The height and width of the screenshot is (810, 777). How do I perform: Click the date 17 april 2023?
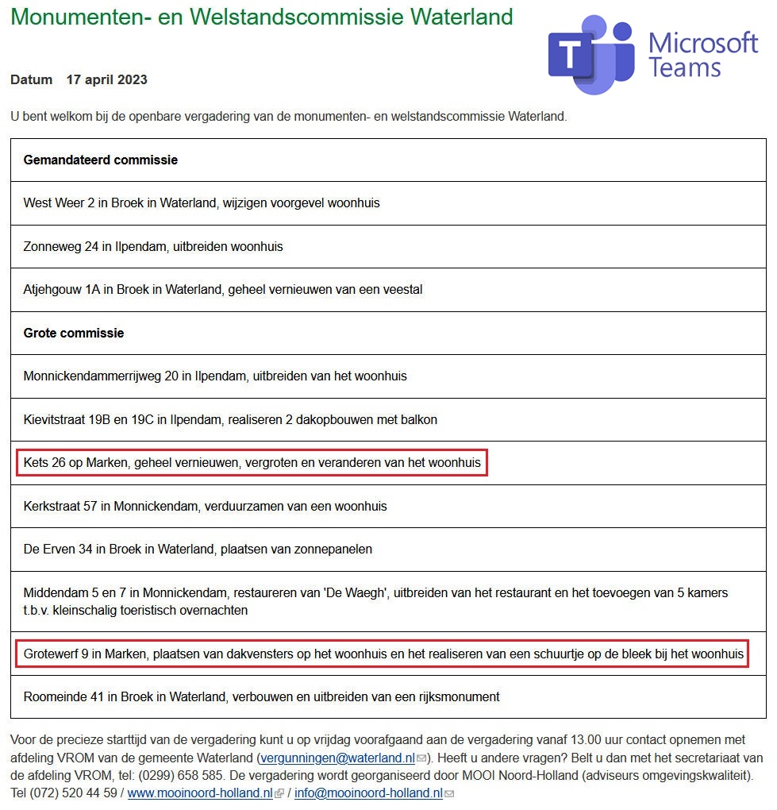[107, 79]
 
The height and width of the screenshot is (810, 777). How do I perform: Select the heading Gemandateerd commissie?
[101, 160]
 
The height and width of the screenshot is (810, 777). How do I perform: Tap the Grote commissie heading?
[74, 333]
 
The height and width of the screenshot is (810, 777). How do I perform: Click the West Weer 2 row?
[202, 202]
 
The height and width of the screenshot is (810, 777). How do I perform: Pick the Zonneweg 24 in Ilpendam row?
[153, 246]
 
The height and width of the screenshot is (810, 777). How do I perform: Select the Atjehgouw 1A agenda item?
[223, 289]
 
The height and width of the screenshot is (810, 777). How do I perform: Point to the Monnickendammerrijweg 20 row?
[215, 376]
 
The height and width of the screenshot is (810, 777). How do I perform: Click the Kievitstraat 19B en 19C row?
[230, 419]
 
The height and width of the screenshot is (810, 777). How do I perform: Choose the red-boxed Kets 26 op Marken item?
[252, 463]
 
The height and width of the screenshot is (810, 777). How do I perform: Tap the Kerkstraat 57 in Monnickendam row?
[206, 506]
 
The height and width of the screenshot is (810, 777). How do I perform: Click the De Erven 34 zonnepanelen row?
[198, 549]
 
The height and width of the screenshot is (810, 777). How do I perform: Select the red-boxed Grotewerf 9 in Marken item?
[383, 654]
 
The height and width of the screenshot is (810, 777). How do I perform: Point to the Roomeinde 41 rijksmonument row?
[262, 696]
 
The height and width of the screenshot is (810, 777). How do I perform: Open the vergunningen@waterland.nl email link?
[337, 758]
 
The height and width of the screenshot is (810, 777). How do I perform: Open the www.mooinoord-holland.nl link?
[200, 793]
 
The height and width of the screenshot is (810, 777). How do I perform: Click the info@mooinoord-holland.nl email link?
[368, 793]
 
